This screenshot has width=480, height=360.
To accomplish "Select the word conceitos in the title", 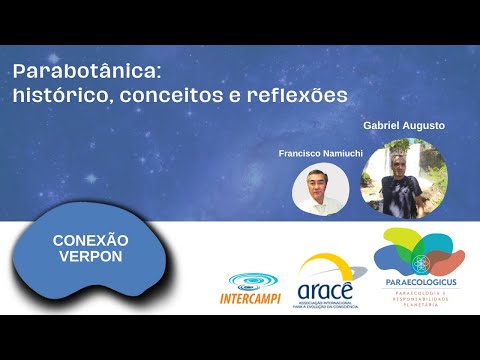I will pos(176,96).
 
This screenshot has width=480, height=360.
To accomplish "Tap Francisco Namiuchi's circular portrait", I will pos(321,188).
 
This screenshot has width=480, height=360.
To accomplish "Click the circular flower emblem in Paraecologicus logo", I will pos(419,263).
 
